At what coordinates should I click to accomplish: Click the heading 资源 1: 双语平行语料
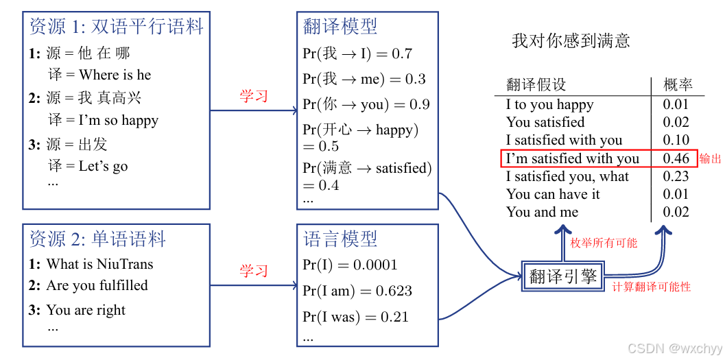point(117,27)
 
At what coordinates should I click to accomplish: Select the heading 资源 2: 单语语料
point(98,239)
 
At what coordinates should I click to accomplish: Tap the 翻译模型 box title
point(340,27)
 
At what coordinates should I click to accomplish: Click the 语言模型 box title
point(340,239)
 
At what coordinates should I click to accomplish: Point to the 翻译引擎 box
point(563,277)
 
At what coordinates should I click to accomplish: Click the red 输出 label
point(711,158)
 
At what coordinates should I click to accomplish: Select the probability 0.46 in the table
point(676,158)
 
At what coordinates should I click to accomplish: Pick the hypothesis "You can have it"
point(553,194)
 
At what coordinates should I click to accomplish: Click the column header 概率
point(678,85)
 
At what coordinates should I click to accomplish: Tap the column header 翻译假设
point(536,85)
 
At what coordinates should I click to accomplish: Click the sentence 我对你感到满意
point(571,41)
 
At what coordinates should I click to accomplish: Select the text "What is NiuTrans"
point(100,264)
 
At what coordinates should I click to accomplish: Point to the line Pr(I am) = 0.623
point(357,291)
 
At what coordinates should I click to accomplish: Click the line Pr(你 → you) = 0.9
point(366,105)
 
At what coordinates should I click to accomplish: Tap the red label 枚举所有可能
point(604,243)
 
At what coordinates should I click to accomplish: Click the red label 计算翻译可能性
point(651,287)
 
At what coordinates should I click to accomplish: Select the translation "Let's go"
point(103,166)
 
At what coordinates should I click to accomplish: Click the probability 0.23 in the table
point(676,176)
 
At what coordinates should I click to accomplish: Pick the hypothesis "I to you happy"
point(549,104)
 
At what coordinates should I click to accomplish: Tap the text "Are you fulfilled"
point(97,285)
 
